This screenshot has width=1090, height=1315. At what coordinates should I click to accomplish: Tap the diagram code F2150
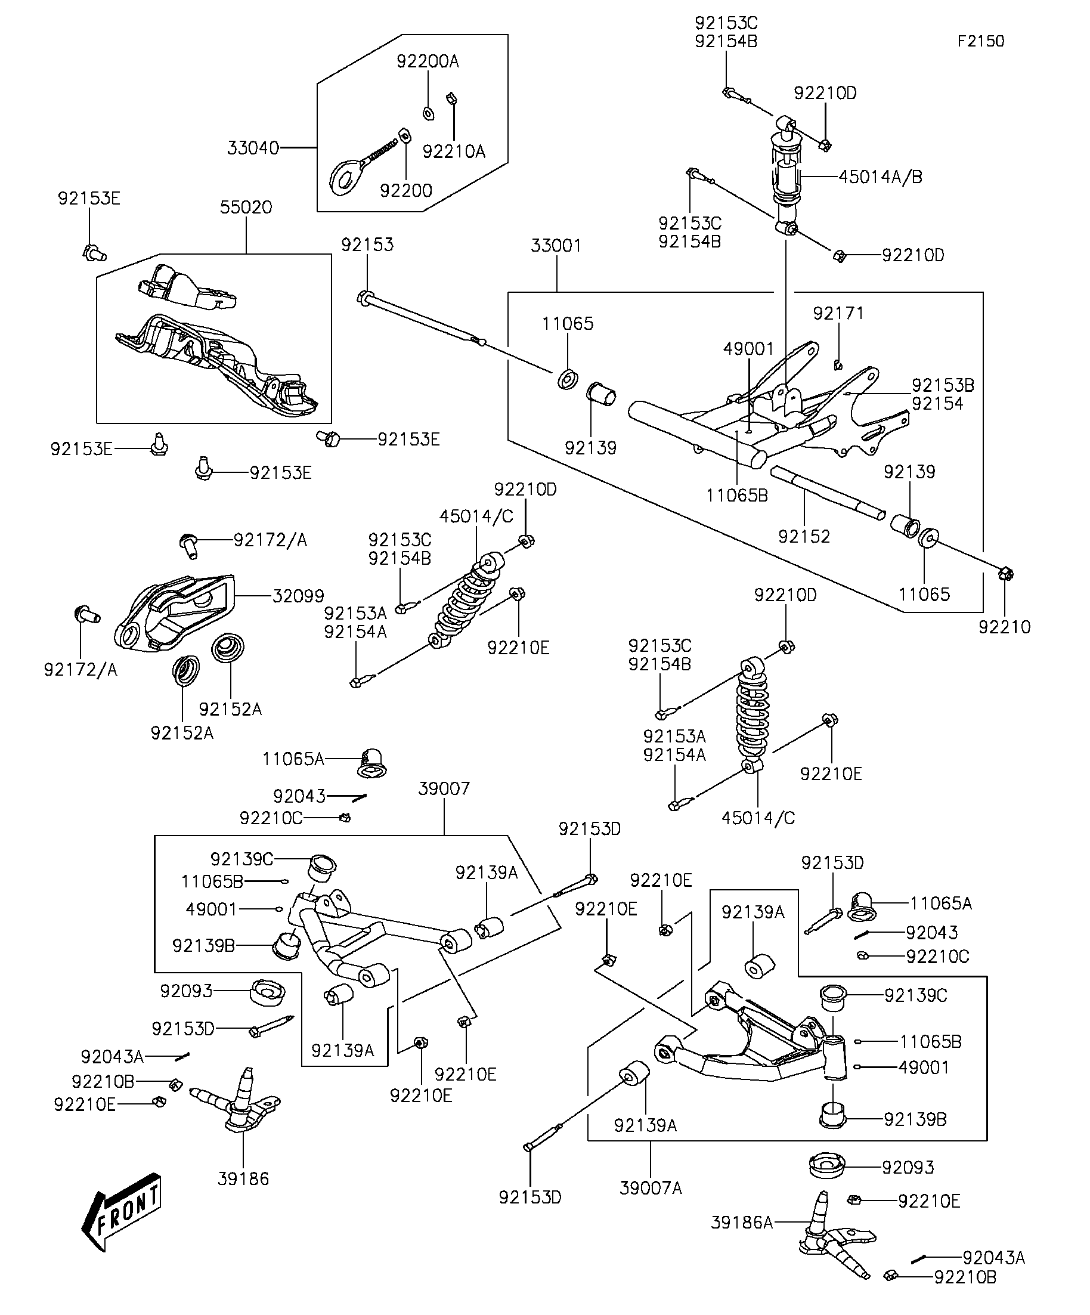[980, 41]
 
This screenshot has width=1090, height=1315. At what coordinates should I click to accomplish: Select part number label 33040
[253, 148]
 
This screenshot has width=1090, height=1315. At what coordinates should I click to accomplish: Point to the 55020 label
[246, 208]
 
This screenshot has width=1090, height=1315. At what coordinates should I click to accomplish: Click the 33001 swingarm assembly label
[556, 246]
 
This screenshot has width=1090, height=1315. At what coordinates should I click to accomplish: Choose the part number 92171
[838, 313]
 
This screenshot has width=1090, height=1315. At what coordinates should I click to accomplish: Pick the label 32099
[298, 596]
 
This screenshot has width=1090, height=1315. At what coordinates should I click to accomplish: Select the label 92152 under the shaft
[804, 537]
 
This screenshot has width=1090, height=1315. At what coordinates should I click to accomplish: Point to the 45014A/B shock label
[880, 177]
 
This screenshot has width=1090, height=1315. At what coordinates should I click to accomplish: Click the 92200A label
[428, 61]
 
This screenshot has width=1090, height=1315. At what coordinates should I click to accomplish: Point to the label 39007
[444, 788]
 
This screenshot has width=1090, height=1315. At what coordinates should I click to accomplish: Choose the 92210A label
[454, 151]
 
